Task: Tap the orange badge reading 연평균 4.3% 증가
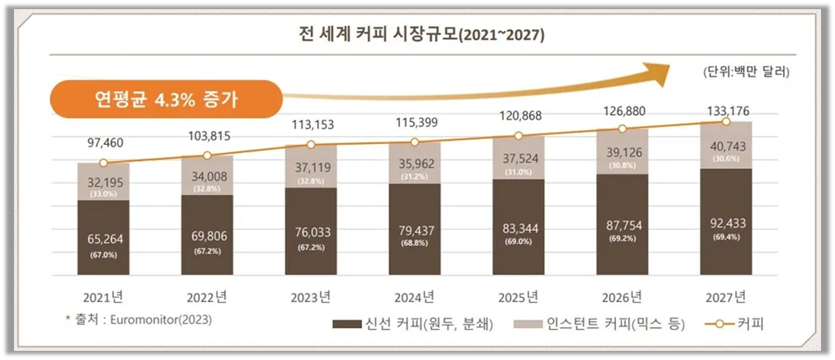click(166, 100)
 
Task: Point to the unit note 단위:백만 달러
click(746, 72)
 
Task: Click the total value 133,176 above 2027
click(726, 111)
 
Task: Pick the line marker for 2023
click(311, 145)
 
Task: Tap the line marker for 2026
click(622, 129)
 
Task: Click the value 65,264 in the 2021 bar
click(103, 239)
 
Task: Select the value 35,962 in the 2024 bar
click(415, 164)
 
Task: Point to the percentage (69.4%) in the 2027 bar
click(726, 237)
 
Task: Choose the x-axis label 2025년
click(518, 297)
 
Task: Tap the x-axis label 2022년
click(207, 297)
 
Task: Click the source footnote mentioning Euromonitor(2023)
click(138, 319)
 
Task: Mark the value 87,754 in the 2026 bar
click(622, 225)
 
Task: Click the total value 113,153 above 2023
click(311, 124)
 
